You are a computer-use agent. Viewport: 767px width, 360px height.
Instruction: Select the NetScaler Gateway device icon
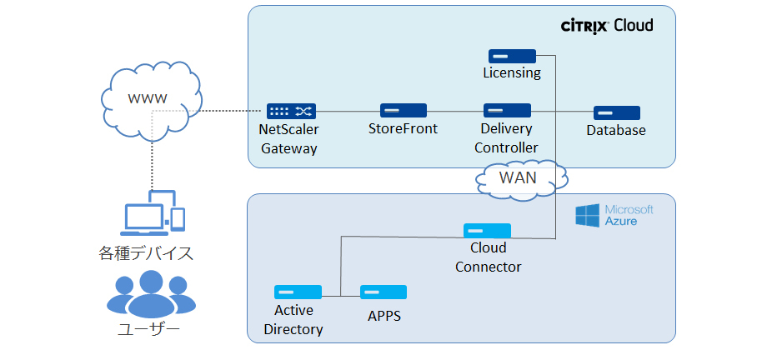(290, 111)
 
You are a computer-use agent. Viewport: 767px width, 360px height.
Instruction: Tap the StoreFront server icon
(404, 110)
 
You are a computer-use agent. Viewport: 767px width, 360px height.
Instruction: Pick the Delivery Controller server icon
(507, 110)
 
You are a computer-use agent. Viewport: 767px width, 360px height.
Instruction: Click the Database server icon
(616, 112)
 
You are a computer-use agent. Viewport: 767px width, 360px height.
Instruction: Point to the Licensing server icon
(511, 55)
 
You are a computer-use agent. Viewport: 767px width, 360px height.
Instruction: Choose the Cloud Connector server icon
(488, 230)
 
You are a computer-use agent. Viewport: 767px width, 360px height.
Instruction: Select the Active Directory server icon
(298, 292)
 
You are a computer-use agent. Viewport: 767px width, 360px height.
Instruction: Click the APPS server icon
(383, 292)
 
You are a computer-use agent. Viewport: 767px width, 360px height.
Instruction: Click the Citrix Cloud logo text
(606, 26)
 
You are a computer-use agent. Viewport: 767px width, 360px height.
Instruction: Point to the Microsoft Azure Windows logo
(588, 216)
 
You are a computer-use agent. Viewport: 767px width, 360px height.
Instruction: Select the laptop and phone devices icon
(154, 212)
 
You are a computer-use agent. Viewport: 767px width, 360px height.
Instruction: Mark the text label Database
(616, 131)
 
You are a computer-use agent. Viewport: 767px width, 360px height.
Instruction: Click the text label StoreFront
(403, 129)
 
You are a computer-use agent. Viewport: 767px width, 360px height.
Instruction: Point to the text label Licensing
(512, 73)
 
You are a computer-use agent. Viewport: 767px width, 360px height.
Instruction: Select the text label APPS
(384, 317)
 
